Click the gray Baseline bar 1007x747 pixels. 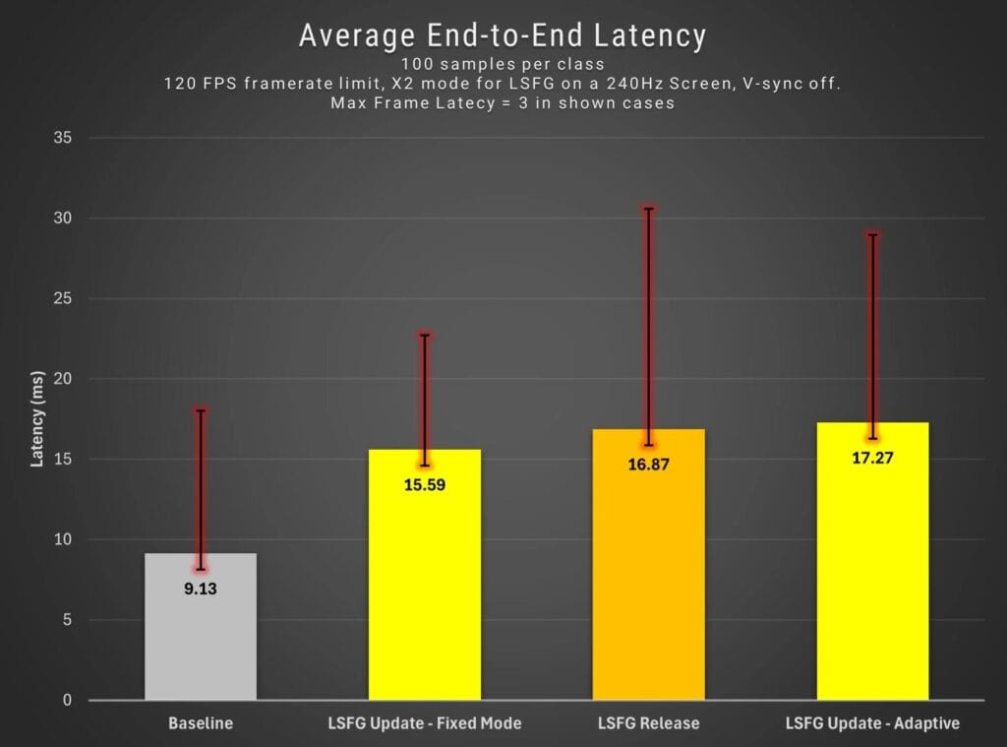201,640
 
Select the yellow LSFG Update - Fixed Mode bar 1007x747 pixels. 425,591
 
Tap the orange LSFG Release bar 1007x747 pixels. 648,581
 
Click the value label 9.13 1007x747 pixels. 201,591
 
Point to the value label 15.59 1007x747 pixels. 425,484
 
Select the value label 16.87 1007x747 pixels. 648,465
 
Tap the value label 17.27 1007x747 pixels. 872,458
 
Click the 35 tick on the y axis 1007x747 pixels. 63,138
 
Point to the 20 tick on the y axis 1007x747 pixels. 63,379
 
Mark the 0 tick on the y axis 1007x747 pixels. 67,701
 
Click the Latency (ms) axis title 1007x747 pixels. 37,418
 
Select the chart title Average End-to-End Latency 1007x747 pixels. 503,36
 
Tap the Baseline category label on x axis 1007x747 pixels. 201,723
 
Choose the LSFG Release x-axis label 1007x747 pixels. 648,723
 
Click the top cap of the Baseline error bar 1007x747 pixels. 201,410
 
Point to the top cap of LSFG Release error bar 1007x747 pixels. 648,209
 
